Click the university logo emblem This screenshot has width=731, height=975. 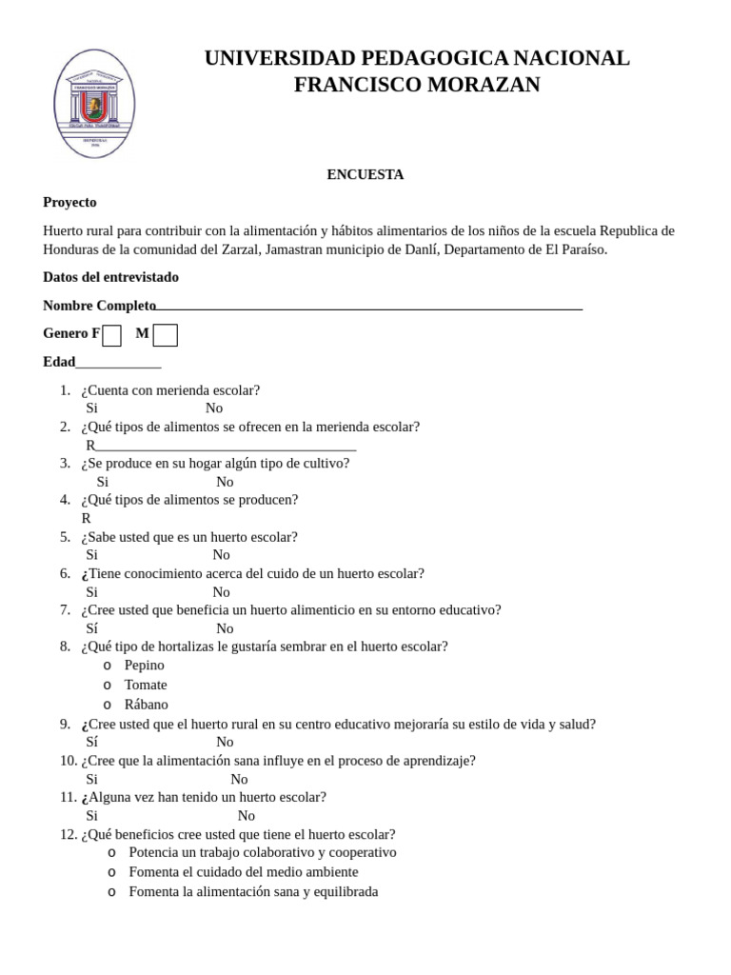click(x=94, y=103)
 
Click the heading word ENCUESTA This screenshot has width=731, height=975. click(x=365, y=174)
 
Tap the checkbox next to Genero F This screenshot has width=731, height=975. click(x=111, y=335)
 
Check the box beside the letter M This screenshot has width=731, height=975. click(x=165, y=335)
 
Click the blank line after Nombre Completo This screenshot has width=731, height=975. click(x=369, y=308)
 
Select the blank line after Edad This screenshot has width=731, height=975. click(x=118, y=365)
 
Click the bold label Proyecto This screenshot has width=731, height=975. click(x=69, y=202)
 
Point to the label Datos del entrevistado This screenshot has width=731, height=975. click(x=110, y=277)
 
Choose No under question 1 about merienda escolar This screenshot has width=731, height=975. click(x=214, y=408)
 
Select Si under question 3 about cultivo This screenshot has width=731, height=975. click(x=103, y=482)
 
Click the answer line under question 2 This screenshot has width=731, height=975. click(x=226, y=448)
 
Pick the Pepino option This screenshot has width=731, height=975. click(x=144, y=665)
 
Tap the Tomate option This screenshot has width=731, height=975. click(x=146, y=685)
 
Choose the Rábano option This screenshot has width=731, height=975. click(x=146, y=705)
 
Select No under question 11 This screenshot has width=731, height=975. click(x=247, y=816)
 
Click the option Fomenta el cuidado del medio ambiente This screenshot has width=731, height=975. click(x=244, y=871)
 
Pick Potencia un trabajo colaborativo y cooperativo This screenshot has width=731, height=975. click(x=263, y=852)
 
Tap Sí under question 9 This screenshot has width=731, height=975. click(x=92, y=742)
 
